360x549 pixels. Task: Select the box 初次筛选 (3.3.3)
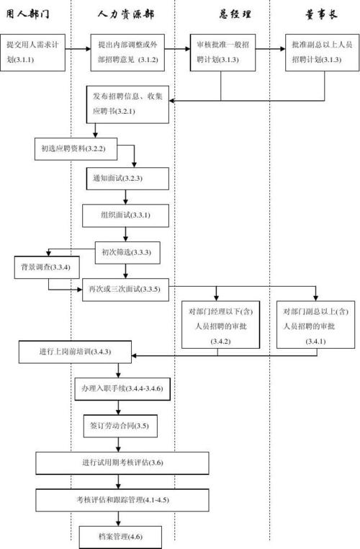[x=127, y=251]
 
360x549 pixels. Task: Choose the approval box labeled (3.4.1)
[x=315, y=326]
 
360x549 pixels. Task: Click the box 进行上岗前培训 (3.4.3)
[x=75, y=353]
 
